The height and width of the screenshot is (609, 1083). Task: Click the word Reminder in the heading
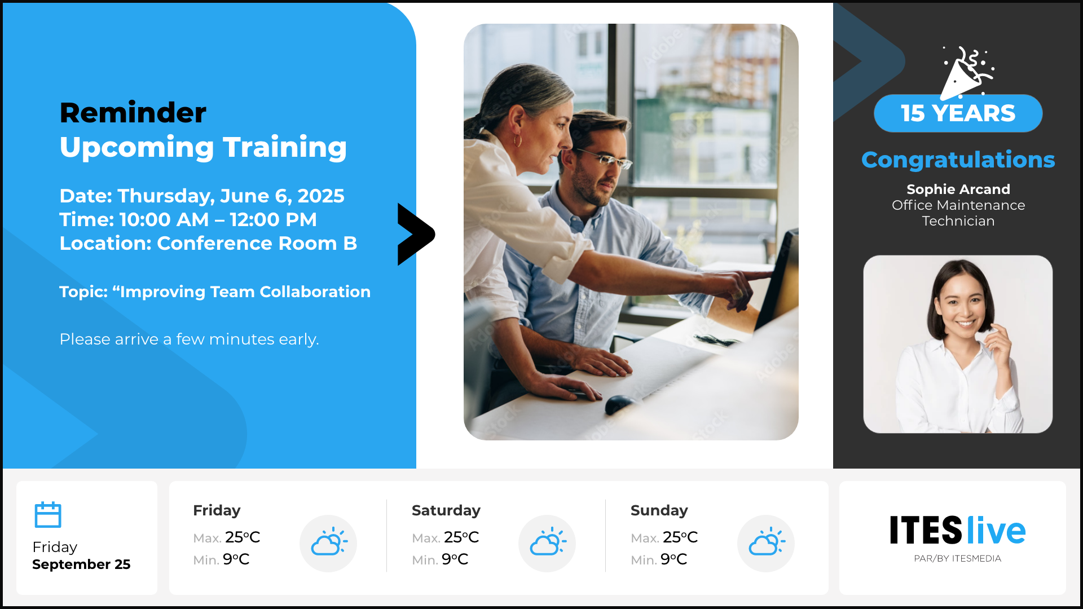tap(133, 113)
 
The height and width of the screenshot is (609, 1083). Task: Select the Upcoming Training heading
tap(203, 147)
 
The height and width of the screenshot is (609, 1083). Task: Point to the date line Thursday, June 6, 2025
tap(202, 196)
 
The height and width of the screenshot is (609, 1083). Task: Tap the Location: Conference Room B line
tap(208, 243)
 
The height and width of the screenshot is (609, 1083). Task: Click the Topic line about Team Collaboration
tap(215, 292)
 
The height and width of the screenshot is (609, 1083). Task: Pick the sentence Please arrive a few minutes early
tap(190, 339)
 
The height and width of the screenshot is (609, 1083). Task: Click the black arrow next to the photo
tap(416, 234)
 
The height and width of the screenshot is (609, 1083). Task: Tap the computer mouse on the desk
tap(620, 404)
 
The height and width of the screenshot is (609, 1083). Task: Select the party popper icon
tap(966, 73)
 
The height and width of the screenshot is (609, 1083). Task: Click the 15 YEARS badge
tap(958, 113)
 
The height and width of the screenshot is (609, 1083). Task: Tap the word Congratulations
tap(958, 160)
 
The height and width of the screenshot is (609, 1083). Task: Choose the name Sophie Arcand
tap(958, 189)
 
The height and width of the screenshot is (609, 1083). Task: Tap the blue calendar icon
tap(48, 514)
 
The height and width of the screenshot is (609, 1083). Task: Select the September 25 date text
tap(81, 564)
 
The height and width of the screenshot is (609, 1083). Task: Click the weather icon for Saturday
tap(547, 543)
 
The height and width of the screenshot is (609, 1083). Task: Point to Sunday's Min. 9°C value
tap(659, 559)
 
